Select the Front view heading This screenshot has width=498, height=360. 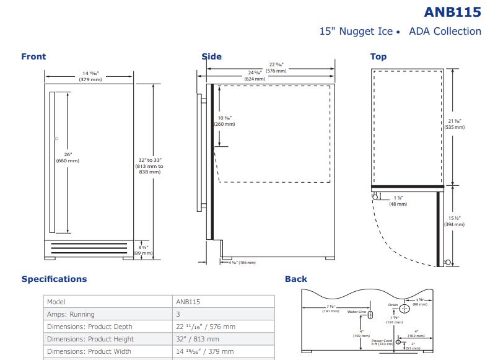tap(33, 56)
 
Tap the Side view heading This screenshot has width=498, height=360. tap(211, 56)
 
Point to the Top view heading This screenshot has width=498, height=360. tap(378, 56)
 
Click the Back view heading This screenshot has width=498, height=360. tap(296, 279)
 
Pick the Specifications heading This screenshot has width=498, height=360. tap(54, 279)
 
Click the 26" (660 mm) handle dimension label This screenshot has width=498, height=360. tap(68, 157)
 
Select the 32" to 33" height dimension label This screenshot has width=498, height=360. tap(150, 165)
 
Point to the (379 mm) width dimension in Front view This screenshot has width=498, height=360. tap(90, 79)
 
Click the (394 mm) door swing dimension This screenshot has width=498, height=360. tap(454, 224)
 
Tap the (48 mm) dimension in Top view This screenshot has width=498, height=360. tap(398, 204)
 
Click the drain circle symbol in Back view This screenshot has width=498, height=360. tap(404, 308)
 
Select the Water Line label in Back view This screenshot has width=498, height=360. tap(357, 312)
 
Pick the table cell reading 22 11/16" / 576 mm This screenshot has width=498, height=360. tap(205, 327)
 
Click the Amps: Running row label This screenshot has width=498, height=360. tap(71, 314)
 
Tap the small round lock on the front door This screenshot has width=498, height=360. tap(56, 138)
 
